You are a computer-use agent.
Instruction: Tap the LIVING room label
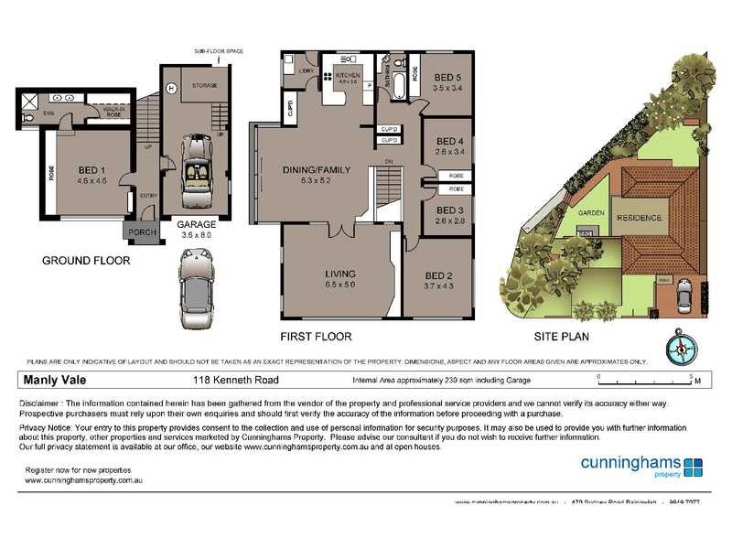340,274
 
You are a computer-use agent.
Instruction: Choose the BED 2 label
438,276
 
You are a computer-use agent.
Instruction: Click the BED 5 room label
448,78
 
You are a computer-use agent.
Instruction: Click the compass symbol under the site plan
682,348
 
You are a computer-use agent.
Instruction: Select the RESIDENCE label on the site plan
638,218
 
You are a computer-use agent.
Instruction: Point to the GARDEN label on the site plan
588,212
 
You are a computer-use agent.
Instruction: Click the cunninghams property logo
641,466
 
